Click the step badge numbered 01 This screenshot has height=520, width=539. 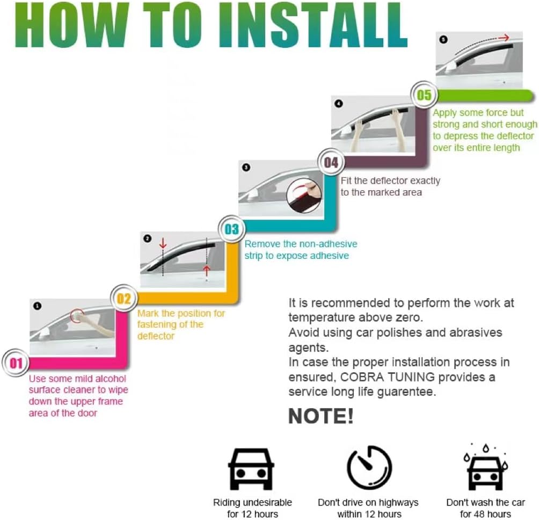(16, 364)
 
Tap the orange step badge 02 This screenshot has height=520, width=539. (124, 299)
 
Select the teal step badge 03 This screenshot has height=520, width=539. (231, 230)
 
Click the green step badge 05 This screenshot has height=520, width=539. (424, 96)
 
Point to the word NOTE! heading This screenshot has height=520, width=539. (321, 416)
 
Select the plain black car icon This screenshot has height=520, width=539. (251, 468)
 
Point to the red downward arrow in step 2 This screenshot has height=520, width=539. (163, 243)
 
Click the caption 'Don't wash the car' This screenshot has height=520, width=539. (485, 503)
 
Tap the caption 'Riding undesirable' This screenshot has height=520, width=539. (252, 503)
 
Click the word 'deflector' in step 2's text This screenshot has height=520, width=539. (156, 336)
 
